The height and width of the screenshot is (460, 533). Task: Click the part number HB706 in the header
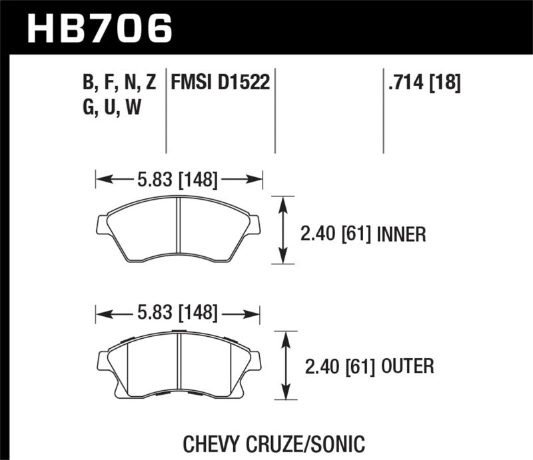click(100, 28)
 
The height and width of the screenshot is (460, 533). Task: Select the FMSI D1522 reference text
click(220, 83)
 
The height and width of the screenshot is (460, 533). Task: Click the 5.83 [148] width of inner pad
click(179, 178)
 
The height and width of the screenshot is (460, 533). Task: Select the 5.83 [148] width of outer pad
click(179, 312)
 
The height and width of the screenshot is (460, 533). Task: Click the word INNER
click(402, 234)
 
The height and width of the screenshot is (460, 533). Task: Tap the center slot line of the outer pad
click(179, 363)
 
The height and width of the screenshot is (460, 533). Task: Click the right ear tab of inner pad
click(256, 224)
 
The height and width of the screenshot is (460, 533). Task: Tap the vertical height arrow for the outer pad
click(285, 364)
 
